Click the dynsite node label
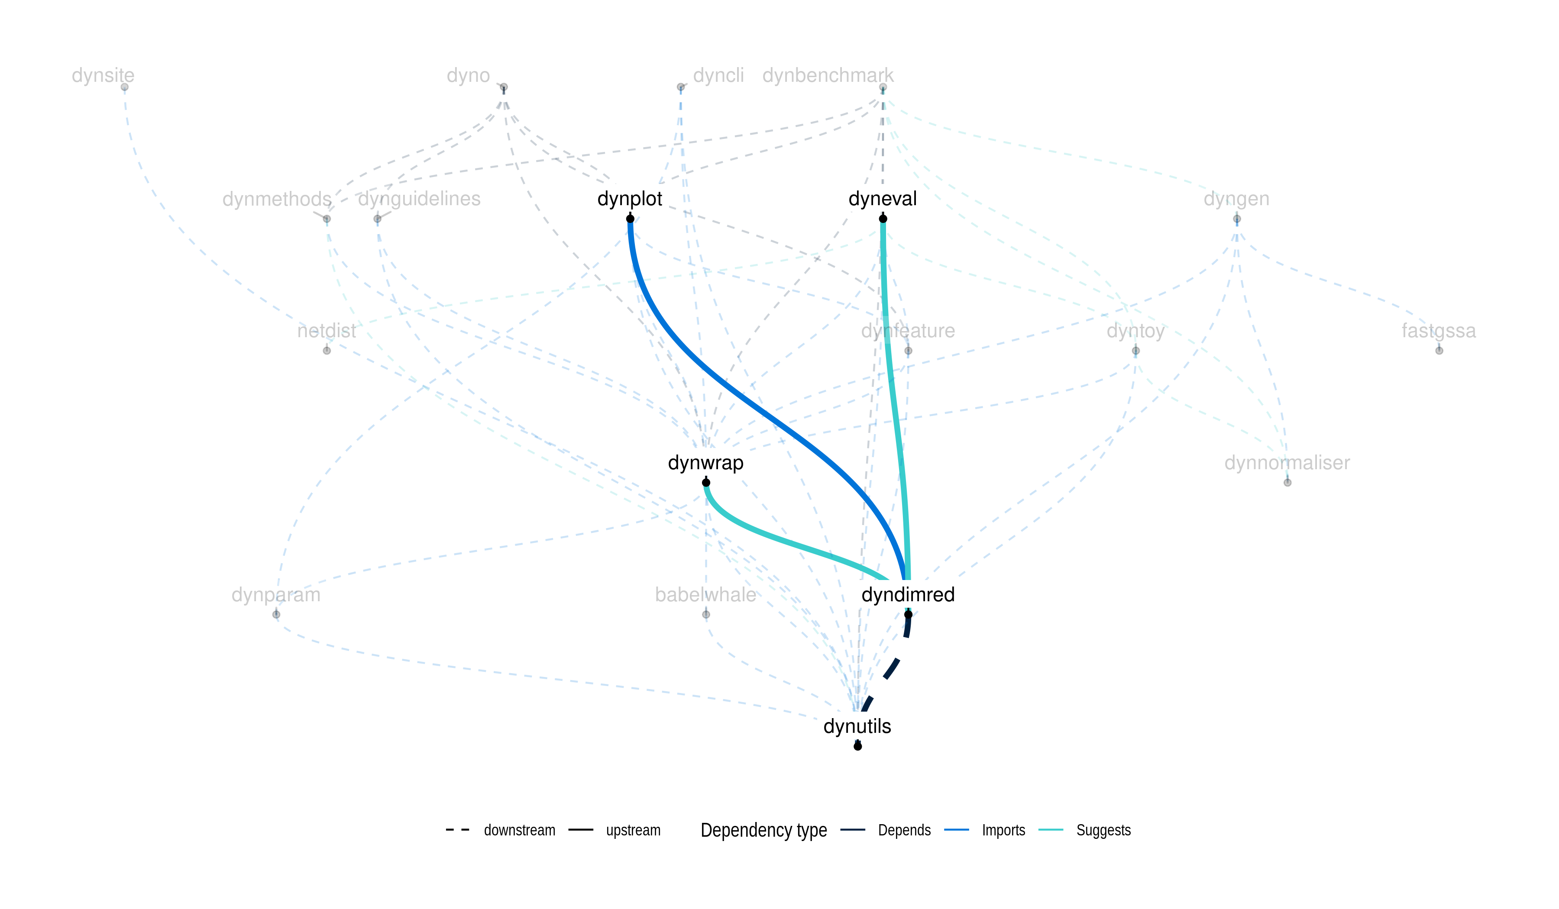103,75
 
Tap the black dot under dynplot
630,219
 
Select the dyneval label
882,199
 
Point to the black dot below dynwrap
706,483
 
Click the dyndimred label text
908,595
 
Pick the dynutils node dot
857,746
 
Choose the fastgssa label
1438,331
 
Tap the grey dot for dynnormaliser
1287,483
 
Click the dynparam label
276,595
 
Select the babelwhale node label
705,595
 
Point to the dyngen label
1236,199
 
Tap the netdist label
326,331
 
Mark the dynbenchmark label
828,75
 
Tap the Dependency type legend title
763,831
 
